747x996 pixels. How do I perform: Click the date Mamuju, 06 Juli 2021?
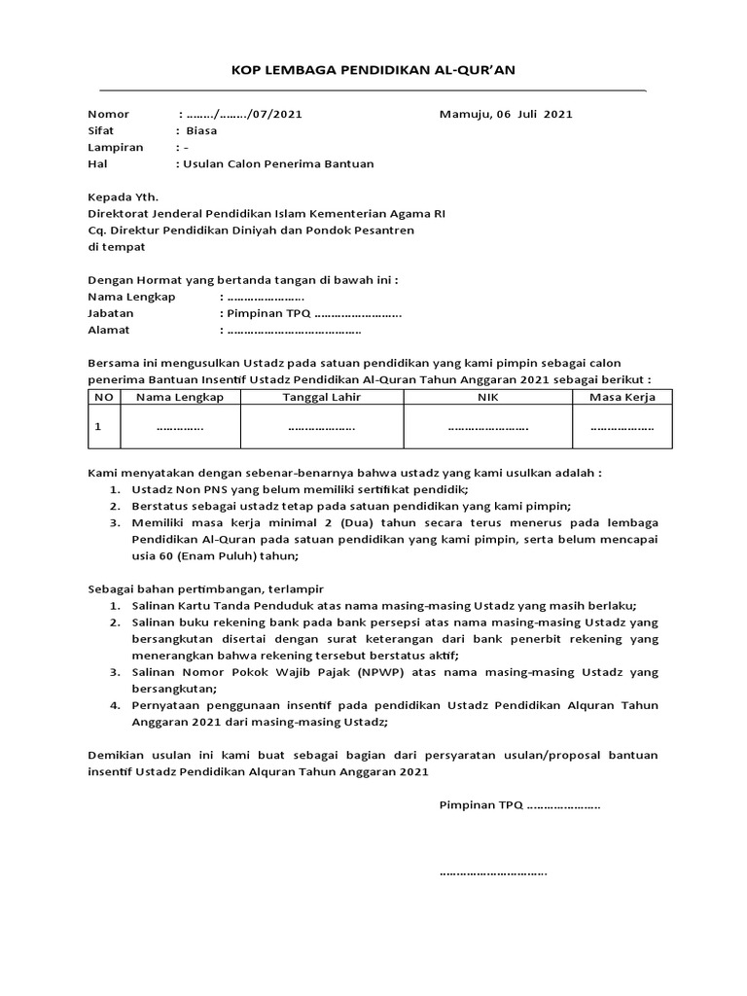[x=506, y=114]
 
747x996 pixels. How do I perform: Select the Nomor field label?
[x=108, y=114]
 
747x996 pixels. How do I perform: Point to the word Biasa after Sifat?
[x=201, y=130]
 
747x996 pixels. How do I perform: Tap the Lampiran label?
[x=116, y=147]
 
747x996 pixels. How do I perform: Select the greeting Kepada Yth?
[x=123, y=196]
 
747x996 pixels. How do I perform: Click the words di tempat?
[x=117, y=247]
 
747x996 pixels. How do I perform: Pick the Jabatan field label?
[x=111, y=314]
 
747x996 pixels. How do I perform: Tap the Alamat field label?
[x=109, y=331]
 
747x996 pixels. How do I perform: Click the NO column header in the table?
[x=103, y=397]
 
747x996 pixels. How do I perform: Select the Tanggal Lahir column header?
[x=322, y=397]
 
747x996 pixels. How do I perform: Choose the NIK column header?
[x=487, y=397]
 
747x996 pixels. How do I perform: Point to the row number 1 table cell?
[x=98, y=426]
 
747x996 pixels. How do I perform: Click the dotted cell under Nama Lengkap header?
[x=180, y=427]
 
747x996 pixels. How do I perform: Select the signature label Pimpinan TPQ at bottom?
[x=481, y=805]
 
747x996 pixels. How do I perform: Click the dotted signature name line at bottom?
[x=493, y=871]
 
